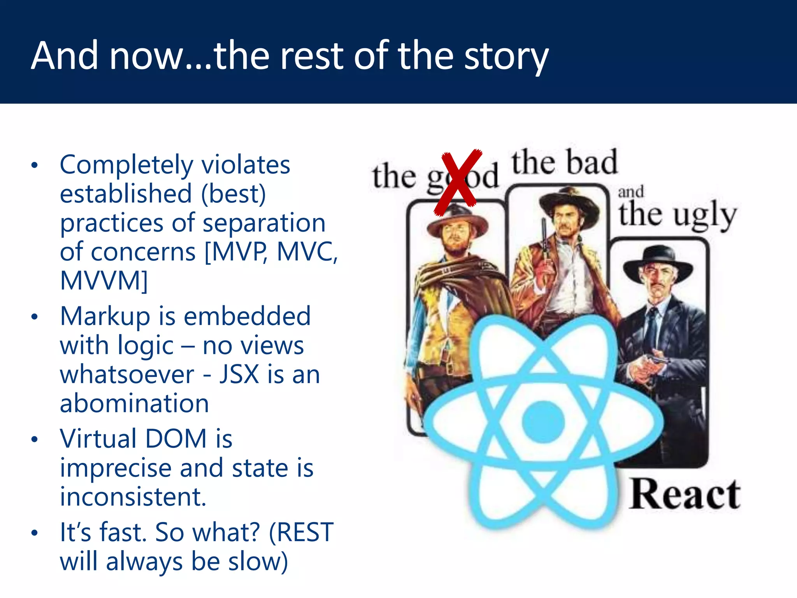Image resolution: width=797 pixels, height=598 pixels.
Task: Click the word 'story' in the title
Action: pyautogui.click(x=506, y=56)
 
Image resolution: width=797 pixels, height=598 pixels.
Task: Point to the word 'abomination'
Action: pyautogui.click(x=134, y=403)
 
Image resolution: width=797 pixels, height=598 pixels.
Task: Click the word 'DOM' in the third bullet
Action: pyautogui.click(x=176, y=439)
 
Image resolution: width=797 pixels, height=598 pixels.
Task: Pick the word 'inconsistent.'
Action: pyautogui.click(x=133, y=497)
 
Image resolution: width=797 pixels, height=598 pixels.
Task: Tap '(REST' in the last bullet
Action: pyautogui.click(x=301, y=532)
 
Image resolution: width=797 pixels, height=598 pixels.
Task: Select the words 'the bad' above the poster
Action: pyautogui.click(x=564, y=163)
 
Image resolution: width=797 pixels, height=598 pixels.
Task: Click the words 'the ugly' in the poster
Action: pyautogui.click(x=677, y=215)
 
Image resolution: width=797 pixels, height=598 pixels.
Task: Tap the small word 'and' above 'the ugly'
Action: pyautogui.click(x=630, y=192)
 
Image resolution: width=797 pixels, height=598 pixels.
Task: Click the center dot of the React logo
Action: pyautogui.click(x=543, y=422)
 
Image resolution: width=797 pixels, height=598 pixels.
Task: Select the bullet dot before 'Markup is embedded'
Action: pyautogui.click(x=35, y=317)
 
